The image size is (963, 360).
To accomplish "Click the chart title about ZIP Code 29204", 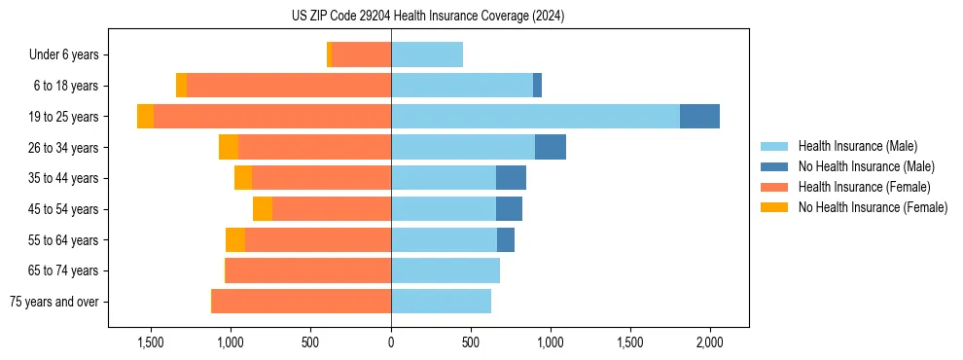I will coord(427,16).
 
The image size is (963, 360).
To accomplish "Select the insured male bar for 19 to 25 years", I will coord(535,117).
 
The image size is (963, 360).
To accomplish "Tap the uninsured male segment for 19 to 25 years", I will coord(699,117).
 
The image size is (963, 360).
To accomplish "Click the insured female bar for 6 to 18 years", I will coord(289,86).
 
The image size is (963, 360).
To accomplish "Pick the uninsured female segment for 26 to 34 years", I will coord(229,147).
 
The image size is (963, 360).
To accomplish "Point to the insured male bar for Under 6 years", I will coord(427,54).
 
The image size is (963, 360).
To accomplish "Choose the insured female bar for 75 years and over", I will coord(302,302).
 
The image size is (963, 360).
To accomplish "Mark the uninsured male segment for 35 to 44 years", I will coord(511,178).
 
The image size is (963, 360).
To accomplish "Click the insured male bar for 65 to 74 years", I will coord(446,270).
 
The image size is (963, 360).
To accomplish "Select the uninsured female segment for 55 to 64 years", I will coord(235,240).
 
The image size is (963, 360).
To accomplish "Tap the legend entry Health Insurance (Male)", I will coord(857,146).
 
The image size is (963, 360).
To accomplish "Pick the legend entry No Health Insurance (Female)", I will coord(873,207).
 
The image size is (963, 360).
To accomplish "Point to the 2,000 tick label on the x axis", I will coord(710,342).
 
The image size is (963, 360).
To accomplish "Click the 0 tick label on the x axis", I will coord(391,342).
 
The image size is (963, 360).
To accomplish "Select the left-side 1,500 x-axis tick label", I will coord(151,342).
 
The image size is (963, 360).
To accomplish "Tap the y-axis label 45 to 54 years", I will coord(63,209).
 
